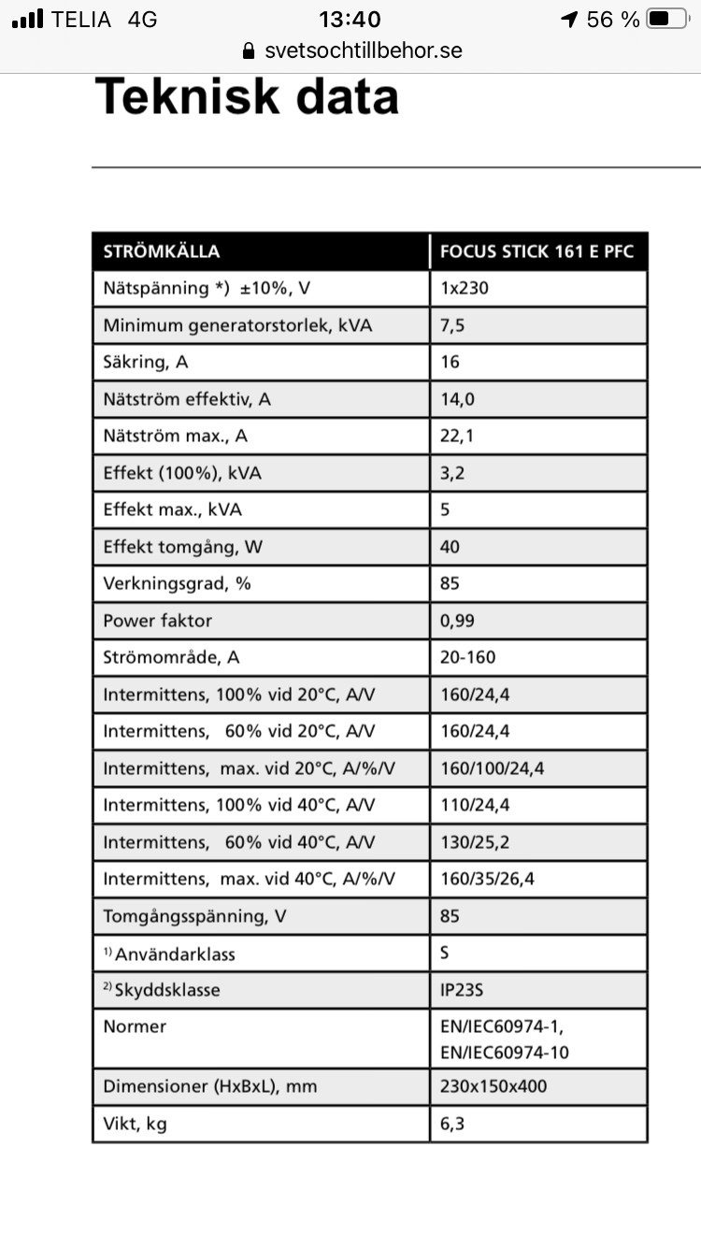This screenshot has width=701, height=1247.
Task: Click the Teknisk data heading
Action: (x=248, y=97)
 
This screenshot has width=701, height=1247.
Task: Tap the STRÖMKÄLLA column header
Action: (x=162, y=251)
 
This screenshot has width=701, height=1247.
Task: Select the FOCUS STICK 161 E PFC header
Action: (x=536, y=251)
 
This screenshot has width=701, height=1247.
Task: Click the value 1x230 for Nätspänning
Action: (x=465, y=288)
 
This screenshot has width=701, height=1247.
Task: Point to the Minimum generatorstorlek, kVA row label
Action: (x=237, y=325)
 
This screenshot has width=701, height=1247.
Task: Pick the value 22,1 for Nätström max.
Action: (x=457, y=436)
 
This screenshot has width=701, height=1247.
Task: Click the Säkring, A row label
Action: (x=146, y=362)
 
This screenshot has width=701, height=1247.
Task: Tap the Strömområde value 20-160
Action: (x=468, y=657)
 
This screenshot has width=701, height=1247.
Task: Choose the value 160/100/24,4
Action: (x=493, y=768)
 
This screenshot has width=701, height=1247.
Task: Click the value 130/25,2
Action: (x=475, y=842)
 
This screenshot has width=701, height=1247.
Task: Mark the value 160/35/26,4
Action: (x=488, y=879)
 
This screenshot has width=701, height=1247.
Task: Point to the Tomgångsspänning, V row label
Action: (x=195, y=916)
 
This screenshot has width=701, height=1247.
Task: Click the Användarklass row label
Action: (x=175, y=953)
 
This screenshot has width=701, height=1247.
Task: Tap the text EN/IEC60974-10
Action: (x=505, y=1053)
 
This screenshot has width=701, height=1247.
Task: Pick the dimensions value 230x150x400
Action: (x=494, y=1086)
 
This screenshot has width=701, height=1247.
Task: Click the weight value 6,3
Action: (x=452, y=1124)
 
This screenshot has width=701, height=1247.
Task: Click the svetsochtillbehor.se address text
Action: (x=364, y=50)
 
